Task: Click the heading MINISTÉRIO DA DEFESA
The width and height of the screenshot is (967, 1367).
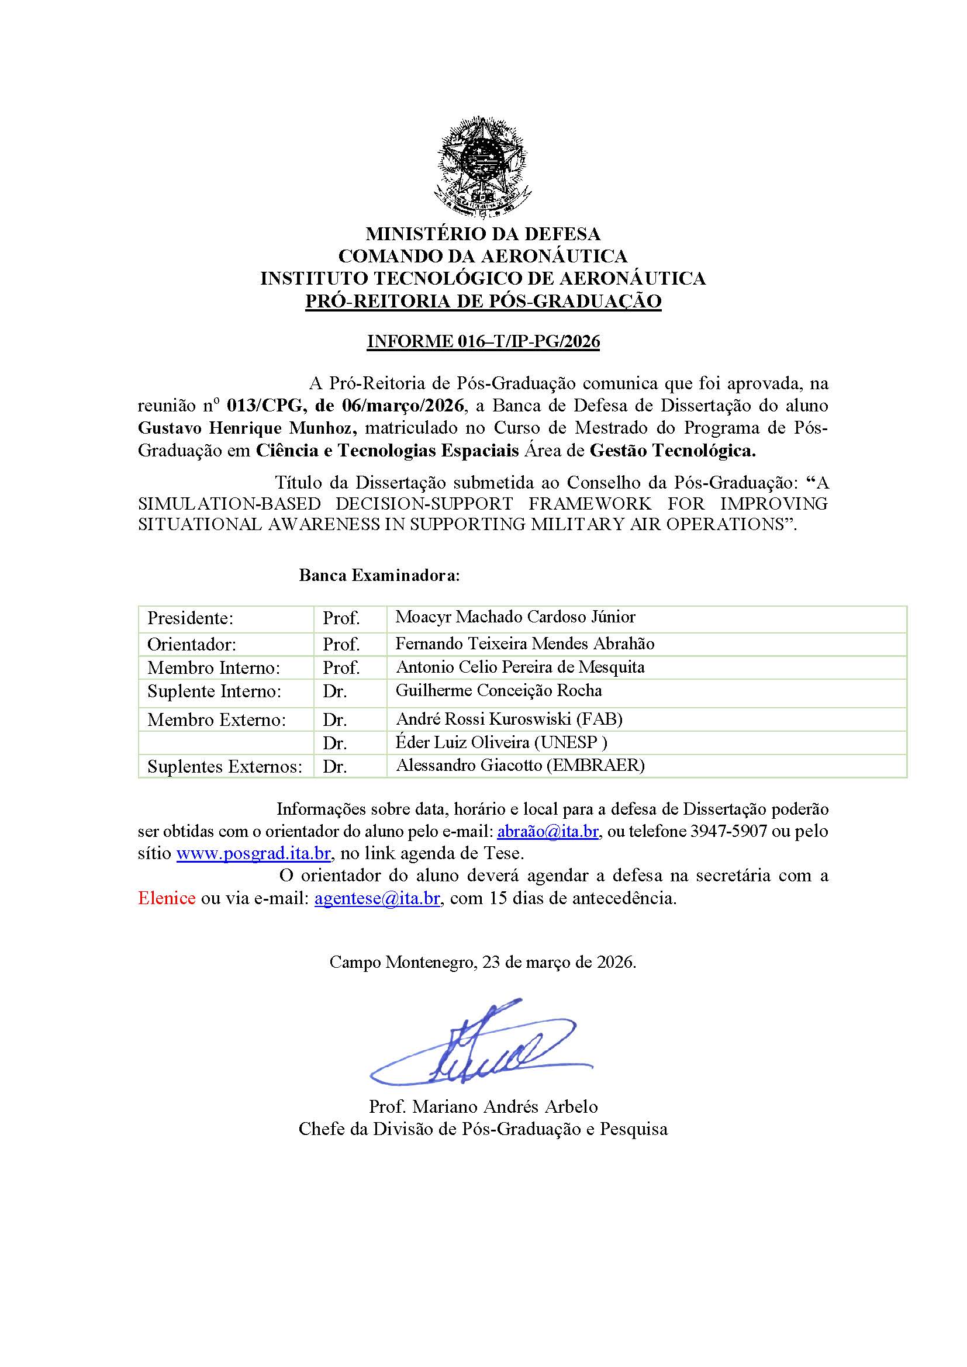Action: click(x=483, y=233)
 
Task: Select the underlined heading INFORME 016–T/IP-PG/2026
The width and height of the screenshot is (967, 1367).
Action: click(x=483, y=342)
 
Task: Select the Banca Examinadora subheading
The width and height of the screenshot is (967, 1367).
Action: click(x=379, y=576)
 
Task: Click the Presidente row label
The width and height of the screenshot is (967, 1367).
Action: click(x=190, y=618)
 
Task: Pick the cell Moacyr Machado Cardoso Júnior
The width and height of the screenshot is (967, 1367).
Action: click(x=516, y=617)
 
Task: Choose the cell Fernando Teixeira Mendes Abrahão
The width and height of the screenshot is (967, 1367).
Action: click(x=525, y=643)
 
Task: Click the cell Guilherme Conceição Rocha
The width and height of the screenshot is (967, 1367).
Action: click(x=499, y=691)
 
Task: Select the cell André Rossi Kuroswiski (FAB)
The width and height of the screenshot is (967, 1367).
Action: click(x=509, y=719)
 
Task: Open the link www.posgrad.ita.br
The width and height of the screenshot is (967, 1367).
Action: click(x=253, y=853)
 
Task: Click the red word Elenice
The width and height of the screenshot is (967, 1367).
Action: click(x=167, y=898)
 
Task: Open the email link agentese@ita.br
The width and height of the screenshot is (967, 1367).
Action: click(x=377, y=898)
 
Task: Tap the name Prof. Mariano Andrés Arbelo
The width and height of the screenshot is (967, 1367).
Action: click(x=483, y=1107)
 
